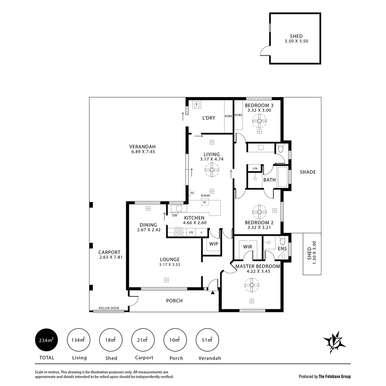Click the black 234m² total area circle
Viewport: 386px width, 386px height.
click(x=46, y=340)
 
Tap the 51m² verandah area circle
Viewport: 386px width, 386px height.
click(x=208, y=340)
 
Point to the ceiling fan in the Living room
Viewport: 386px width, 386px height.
click(x=212, y=170)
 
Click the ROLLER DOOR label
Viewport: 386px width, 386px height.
click(x=108, y=308)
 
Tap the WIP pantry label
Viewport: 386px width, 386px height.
click(x=213, y=244)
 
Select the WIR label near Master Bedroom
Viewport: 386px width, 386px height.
click(x=248, y=247)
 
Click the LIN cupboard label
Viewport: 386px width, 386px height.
click(x=255, y=168)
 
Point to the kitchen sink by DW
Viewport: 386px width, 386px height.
click(x=177, y=208)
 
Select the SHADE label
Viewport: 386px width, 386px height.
click(x=308, y=172)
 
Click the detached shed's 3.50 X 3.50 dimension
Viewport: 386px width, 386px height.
click(x=296, y=41)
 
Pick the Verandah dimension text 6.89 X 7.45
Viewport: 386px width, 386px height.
click(x=142, y=152)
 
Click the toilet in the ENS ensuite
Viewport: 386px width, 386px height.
click(x=282, y=241)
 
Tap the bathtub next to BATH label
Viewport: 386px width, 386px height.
click(x=283, y=177)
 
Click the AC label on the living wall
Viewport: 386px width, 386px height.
click(x=193, y=193)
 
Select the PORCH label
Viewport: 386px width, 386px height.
click(x=174, y=301)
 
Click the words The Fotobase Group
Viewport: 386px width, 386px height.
click(x=335, y=376)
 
